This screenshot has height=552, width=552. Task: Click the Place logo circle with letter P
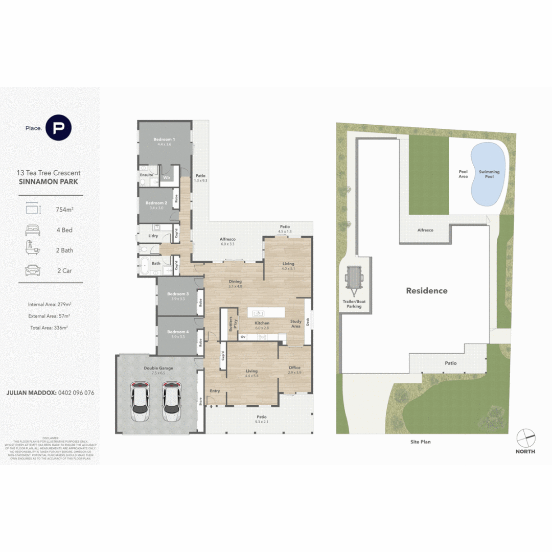[58, 128]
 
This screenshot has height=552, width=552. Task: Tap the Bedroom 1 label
[165, 140]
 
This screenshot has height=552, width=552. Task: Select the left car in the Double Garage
[140, 401]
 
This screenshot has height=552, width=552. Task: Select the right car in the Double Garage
[172, 401]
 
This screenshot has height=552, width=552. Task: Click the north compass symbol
[525, 438]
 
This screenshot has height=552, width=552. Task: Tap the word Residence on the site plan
[426, 291]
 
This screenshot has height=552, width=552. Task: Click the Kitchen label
[262, 324]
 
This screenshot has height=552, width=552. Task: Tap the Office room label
[294, 367]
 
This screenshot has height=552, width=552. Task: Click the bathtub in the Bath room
[146, 266]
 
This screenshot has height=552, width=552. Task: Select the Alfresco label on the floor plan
[227, 239]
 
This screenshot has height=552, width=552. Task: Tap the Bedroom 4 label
[177, 332]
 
